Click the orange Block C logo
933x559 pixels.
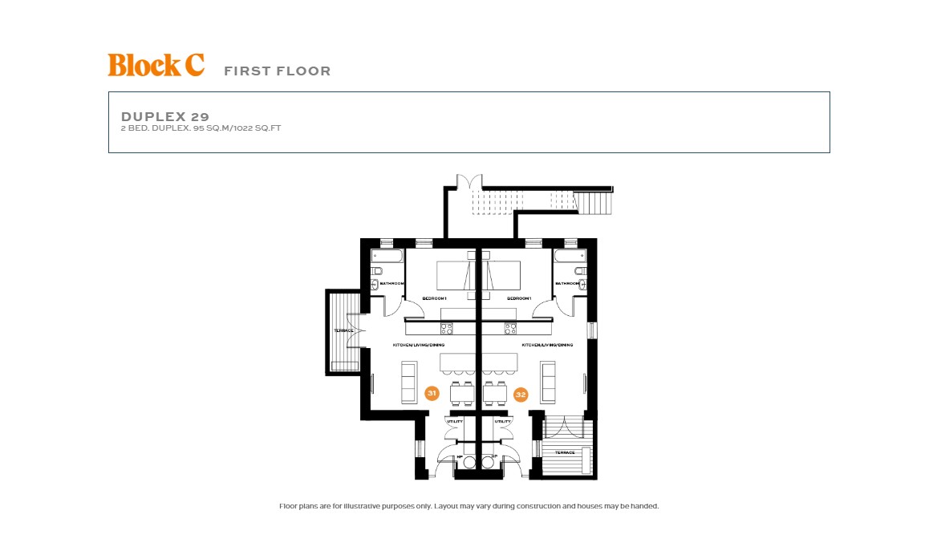pyautogui.click(x=156, y=65)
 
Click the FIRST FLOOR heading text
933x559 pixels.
pyautogui.click(x=277, y=71)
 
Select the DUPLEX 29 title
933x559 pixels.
pyautogui.click(x=165, y=117)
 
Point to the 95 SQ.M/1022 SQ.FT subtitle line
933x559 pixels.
pyautogui.click(x=201, y=128)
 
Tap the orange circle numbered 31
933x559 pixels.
pyautogui.click(x=432, y=394)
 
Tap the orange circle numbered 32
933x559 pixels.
pyautogui.click(x=521, y=395)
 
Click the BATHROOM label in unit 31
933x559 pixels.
pyautogui.click(x=391, y=284)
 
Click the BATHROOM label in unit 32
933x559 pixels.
pyautogui.click(x=567, y=284)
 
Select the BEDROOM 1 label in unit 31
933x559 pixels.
pyautogui.click(x=434, y=299)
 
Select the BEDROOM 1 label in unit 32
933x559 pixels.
pyautogui.click(x=519, y=299)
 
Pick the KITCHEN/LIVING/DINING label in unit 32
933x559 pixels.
pyautogui.click(x=547, y=346)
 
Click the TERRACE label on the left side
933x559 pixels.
pyautogui.click(x=343, y=330)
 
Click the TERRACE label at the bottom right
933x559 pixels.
pyautogui.click(x=566, y=453)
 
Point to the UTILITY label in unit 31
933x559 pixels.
pyautogui.click(x=455, y=422)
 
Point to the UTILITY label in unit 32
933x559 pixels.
pyautogui.click(x=503, y=422)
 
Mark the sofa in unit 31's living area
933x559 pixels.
pyautogui.click(x=409, y=382)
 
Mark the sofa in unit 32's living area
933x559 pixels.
pyautogui.click(x=550, y=382)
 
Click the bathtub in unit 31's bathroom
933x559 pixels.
pyautogui.click(x=387, y=257)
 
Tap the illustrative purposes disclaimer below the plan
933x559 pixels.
pyautogui.click(x=469, y=507)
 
